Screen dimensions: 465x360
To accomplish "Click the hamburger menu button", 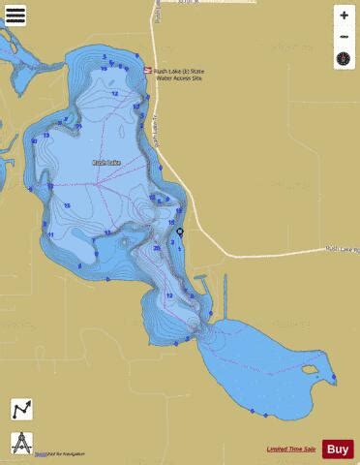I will pyautogui.click(x=15, y=15).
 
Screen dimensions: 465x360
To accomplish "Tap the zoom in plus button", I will pyautogui.click(x=344, y=15).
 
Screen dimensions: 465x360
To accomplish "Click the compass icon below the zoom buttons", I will pyautogui.click(x=344, y=59).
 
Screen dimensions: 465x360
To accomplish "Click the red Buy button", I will pyautogui.click(x=338, y=449).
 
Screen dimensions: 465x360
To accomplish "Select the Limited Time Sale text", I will pyautogui.click(x=291, y=449).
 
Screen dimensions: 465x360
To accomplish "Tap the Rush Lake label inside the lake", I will pyautogui.click(x=105, y=164).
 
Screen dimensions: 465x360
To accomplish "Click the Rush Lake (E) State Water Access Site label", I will pyautogui.click(x=180, y=75).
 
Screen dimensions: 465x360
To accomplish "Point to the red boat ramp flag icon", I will pyautogui.click(x=148, y=71).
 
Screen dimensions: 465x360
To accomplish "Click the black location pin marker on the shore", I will pyautogui.click(x=180, y=232).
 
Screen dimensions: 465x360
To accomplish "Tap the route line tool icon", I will pyautogui.click(x=21, y=410).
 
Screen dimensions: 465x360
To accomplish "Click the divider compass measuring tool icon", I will pyautogui.click(x=21, y=443).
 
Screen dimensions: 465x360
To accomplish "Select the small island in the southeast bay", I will pyautogui.click(x=309, y=369).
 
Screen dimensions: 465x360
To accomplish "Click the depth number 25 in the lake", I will pyautogui.click(x=157, y=248).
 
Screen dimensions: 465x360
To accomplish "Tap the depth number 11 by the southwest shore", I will pyautogui.click(x=50, y=233).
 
